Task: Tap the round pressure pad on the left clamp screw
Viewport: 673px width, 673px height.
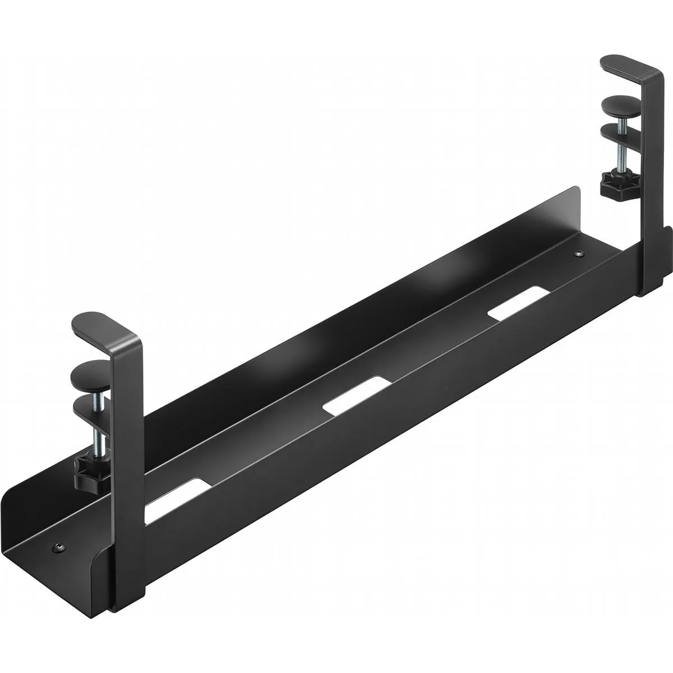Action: pyautogui.click(x=92, y=373)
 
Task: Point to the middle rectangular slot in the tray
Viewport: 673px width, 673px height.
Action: pyautogui.click(x=357, y=395)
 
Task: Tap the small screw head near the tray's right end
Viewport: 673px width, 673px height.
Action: pyautogui.click(x=579, y=255)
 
